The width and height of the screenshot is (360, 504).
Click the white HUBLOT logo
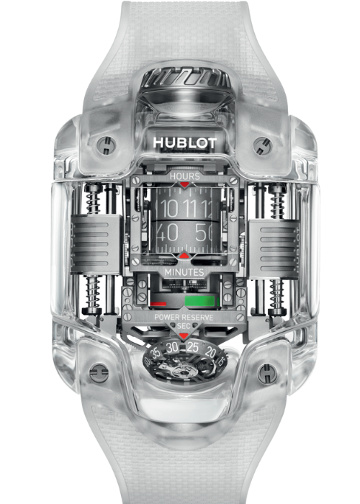[x=185, y=143]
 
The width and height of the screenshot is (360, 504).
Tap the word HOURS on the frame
[x=185, y=176]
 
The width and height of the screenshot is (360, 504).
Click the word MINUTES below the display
[x=184, y=272]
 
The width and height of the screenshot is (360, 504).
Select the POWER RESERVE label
[x=184, y=318]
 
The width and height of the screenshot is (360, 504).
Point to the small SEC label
[x=184, y=326]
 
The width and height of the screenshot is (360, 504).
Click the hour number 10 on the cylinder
[x=168, y=209]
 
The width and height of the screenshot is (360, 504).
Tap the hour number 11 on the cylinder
[x=192, y=208]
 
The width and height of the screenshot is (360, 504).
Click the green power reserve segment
[x=200, y=301]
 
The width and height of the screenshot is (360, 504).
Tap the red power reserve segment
[x=158, y=303]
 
